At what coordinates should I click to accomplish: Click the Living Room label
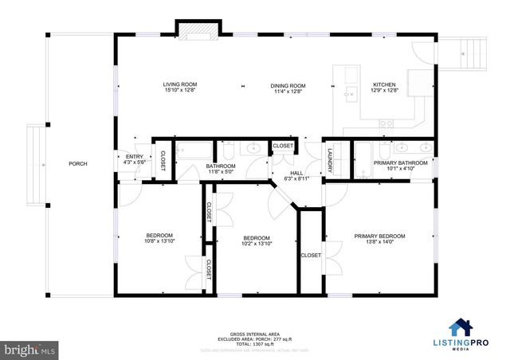pos(180,87)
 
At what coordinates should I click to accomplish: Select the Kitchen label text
pos(385,87)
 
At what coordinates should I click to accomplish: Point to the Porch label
pos(78,163)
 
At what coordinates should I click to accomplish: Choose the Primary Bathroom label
pos(400,165)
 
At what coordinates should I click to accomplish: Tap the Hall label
pos(296,175)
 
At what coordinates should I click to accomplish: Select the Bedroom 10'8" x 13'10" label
pos(159,237)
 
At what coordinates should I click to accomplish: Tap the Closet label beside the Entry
pos(161,159)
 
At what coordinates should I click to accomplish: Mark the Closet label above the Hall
pos(283,147)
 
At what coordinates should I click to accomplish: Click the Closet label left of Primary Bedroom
pos(310,255)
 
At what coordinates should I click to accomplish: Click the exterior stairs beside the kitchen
pos(465,54)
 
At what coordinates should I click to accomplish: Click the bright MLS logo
pos(30,349)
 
